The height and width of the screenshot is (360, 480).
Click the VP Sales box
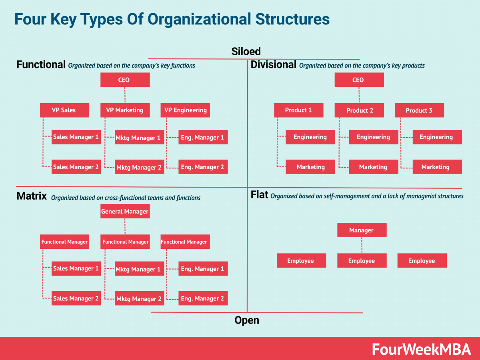pos(64,110)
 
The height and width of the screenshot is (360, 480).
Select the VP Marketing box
pos(125,110)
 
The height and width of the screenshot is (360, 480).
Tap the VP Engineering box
pos(185,110)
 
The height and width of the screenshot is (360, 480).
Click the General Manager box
pos(125,212)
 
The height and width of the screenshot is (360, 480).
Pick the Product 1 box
pos(298,110)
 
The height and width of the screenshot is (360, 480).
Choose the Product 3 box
pos(419,110)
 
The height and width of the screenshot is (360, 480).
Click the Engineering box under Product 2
pos(373,137)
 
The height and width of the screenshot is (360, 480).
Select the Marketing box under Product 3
pos(437,167)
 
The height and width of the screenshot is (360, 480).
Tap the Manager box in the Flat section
pos(362,230)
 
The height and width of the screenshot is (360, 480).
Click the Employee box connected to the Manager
pos(362,261)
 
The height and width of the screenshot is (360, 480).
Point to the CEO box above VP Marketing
pos(125,80)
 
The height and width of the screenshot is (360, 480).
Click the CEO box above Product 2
pos(359,80)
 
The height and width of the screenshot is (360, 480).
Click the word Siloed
pos(246,51)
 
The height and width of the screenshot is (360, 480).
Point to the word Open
pos(247,320)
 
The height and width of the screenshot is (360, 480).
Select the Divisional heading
pos(274,64)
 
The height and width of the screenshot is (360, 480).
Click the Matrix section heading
pos(32,196)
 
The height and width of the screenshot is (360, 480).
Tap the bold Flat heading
pos(259,195)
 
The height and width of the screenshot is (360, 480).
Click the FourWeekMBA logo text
pos(422,349)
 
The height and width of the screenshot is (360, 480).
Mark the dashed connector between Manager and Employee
pos(362,245)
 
